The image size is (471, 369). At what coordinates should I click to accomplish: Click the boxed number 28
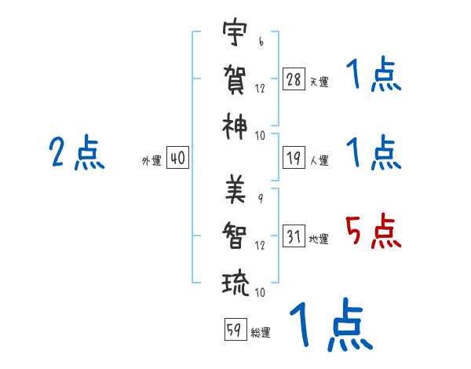[x=294, y=79]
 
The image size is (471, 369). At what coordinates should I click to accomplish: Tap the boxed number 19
[x=294, y=157]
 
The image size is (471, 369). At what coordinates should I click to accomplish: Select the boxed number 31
[x=294, y=236]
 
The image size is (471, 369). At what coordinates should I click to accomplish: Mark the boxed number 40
[x=177, y=158]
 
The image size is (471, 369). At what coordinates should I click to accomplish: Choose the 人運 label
[x=319, y=160]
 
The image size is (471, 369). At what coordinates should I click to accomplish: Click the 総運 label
[x=261, y=333]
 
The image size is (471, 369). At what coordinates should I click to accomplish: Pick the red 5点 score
[x=373, y=232]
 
